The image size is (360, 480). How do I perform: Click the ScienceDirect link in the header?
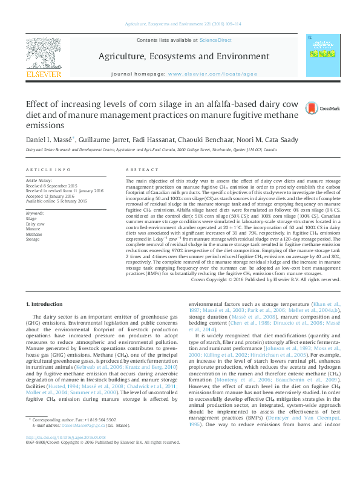217,40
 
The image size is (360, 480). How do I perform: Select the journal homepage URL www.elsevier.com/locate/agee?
209,73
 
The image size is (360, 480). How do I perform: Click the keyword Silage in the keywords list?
31,218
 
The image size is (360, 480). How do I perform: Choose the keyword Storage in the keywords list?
33,239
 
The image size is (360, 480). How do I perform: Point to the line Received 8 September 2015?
51,186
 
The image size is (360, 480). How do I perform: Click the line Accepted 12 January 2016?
50,196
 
